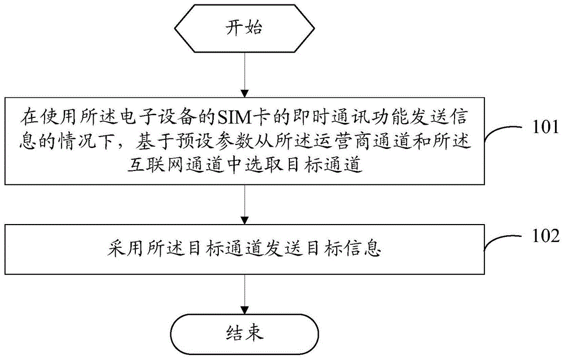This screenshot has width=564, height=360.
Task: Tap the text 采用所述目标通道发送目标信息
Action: point(244,248)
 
